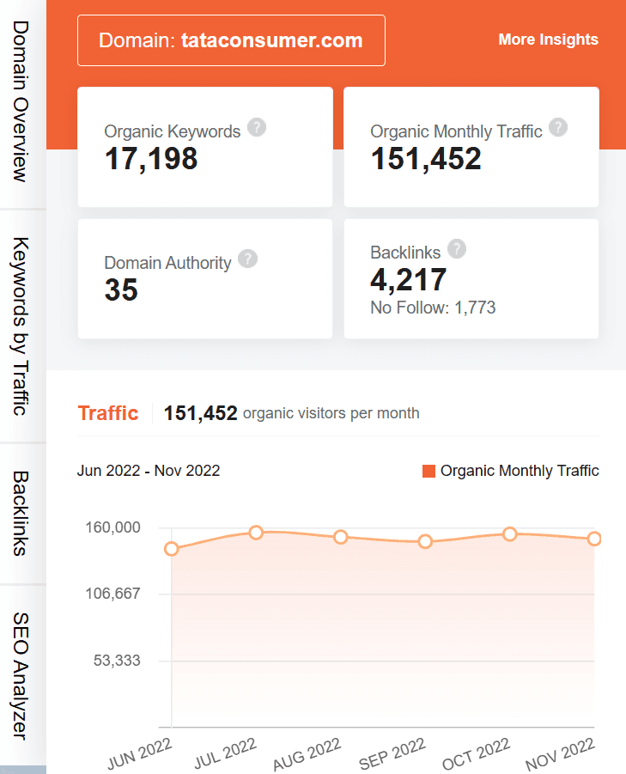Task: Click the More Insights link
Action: [x=548, y=40]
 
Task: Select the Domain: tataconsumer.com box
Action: [x=231, y=40]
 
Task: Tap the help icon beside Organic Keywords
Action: [x=257, y=128]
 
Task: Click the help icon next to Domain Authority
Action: [x=247, y=259]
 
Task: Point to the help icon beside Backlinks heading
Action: [x=457, y=249]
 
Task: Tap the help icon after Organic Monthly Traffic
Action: [x=558, y=128]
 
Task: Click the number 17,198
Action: [x=151, y=159]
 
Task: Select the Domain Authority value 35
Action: [x=121, y=290]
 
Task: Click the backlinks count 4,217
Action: [x=409, y=280]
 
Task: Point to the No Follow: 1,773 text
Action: [x=433, y=308]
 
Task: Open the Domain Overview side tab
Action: [x=21, y=102]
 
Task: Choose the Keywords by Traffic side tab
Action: [x=21, y=326]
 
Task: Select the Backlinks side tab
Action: [x=21, y=514]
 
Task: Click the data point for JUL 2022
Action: [x=256, y=533]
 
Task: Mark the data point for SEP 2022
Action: [x=425, y=541]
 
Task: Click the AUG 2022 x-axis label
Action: [x=307, y=753]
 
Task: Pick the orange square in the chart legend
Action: [x=429, y=471]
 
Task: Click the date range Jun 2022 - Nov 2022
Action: [x=149, y=471]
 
